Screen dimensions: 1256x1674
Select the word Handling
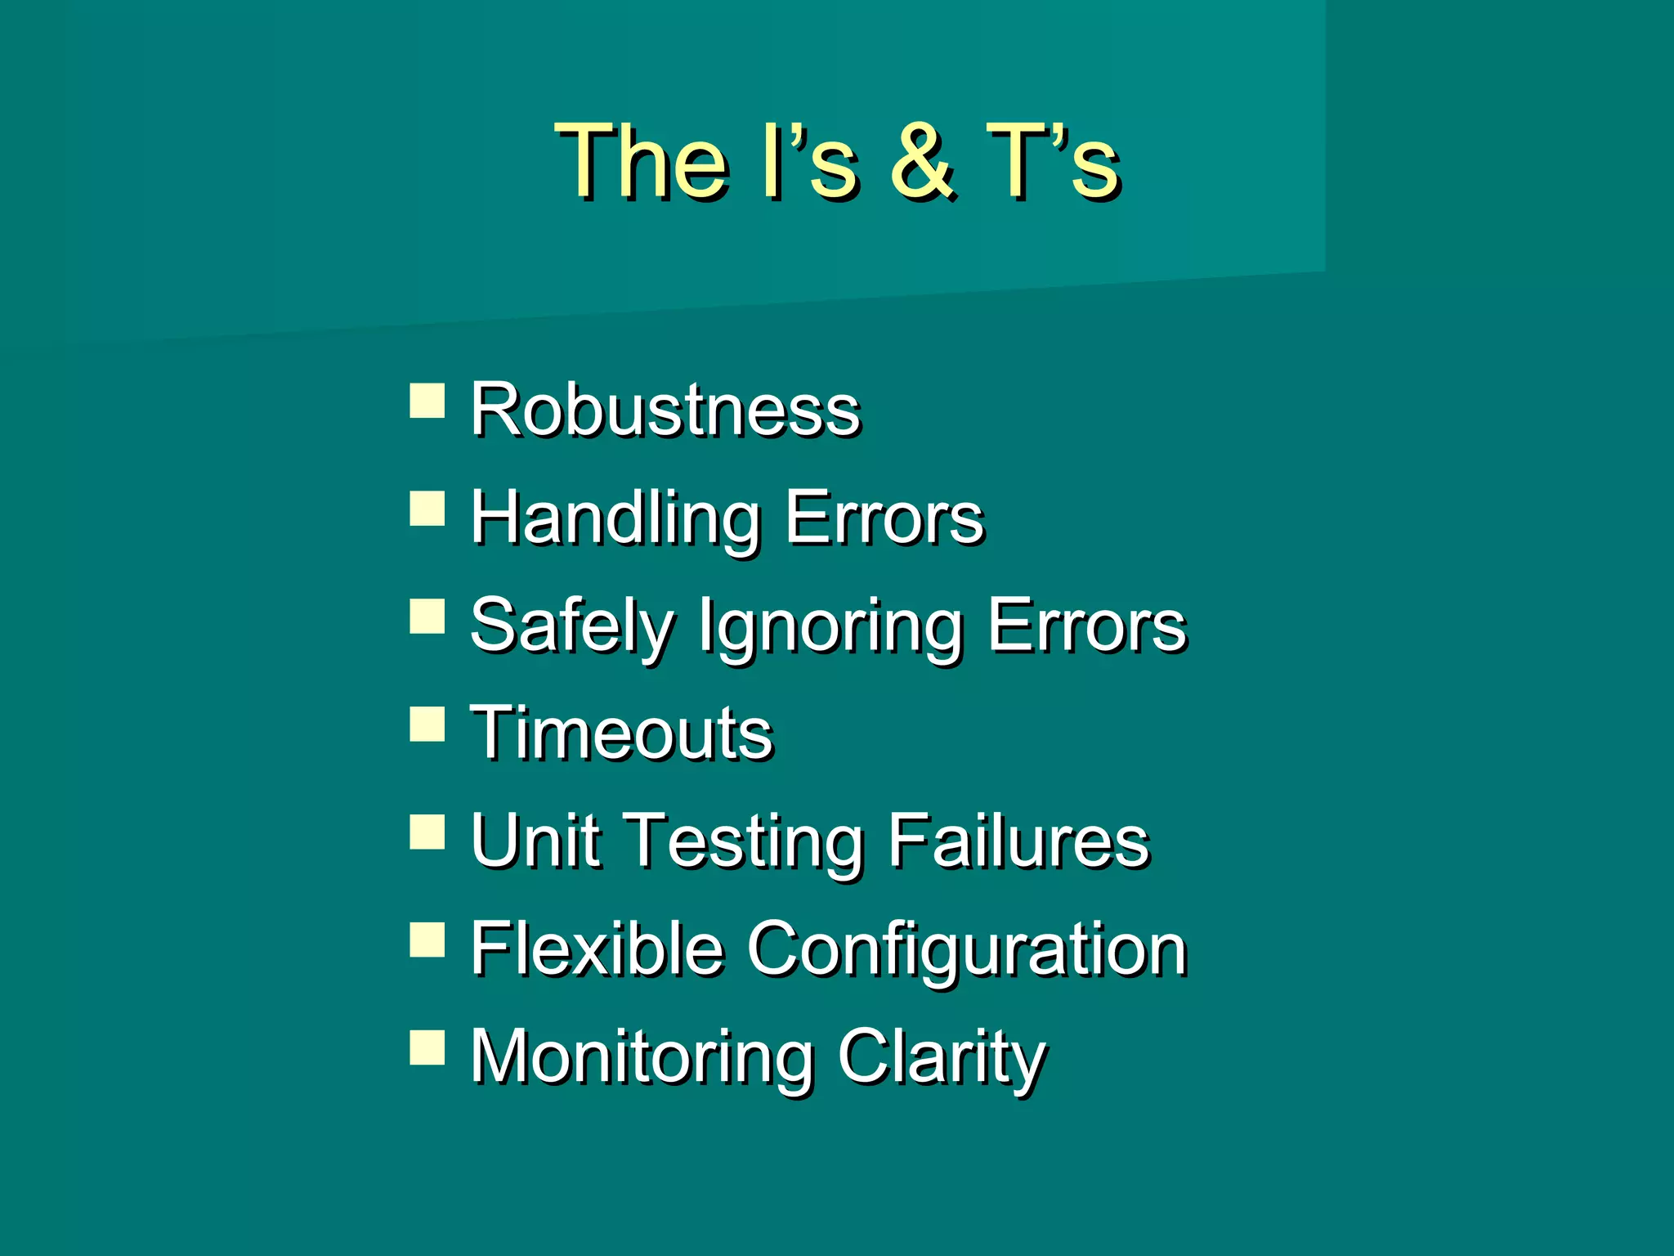pyautogui.click(x=615, y=518)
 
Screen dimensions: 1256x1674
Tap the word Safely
pyautogui.click(x=571, y=626)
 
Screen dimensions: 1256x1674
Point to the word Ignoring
pyautogui.click(x=830, y=626)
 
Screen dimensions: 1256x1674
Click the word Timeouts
pyautogui.click(x=621, y=733)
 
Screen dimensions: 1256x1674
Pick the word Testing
pyautogui.click(x=747, y=842)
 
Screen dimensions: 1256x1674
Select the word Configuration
pyautogui.click(x=966, y=950)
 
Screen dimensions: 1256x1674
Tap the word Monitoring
pyautogui.click(x=642, y=1058)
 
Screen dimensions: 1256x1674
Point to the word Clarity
pyautogui.click(x=941, y=1058)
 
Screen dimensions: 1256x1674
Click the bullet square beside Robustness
pyautogui.click(x=427, y=401)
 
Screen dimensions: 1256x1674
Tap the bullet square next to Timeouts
pyautogui.click(x=427, y=724)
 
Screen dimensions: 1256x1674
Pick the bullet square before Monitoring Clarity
pyautogui.click(x=427, y=1047)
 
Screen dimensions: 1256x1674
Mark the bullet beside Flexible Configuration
pyautogui.click(x=427, y=940)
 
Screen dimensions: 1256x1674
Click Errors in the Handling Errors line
pyautogui.click(x=884, y=518)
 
